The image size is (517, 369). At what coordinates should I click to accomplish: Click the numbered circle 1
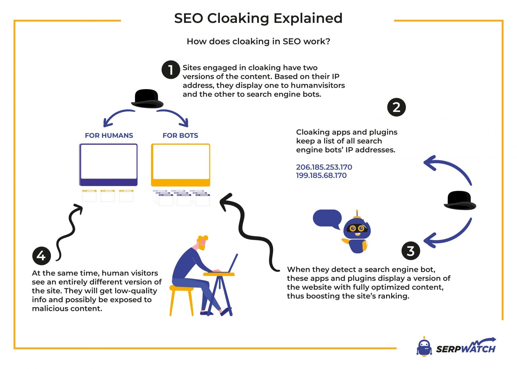click(171, 70)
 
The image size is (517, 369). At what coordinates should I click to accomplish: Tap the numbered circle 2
click(397, 107)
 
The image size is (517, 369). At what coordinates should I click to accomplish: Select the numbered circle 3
click(411, 251)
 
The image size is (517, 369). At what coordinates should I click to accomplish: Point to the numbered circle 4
click(41, 256)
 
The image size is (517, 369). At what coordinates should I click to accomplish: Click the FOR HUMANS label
click(109, 136)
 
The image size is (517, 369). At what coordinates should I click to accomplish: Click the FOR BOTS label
click(180, 136)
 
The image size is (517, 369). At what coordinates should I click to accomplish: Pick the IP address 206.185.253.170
click(324, 167)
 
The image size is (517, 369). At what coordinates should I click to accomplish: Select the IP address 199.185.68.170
click(321, 176)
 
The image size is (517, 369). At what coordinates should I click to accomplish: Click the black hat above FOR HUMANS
click(147, 99)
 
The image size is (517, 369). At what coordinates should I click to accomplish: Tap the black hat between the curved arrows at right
click(460, 200)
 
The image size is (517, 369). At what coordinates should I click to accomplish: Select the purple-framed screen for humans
click(108, 164)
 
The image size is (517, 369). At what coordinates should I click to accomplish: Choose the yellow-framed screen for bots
click(180, 164)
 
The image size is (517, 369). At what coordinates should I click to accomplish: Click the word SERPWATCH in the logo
click(466, 348)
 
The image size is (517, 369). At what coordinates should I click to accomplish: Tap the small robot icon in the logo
click(424, 347)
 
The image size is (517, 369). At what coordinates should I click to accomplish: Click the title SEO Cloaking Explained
click(258, 18)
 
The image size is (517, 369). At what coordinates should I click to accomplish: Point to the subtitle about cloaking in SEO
click(258, 41)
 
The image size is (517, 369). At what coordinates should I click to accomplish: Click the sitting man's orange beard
click(202, 246)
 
